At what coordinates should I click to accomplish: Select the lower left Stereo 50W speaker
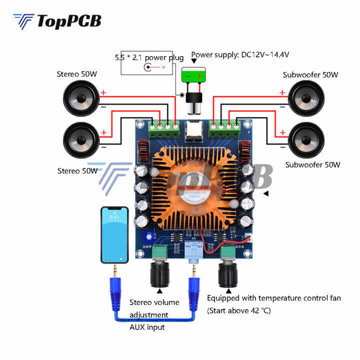pyautogui.click(x=82, y=137)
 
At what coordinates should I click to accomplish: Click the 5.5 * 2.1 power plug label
pyautogui.click(x=149, y=57)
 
